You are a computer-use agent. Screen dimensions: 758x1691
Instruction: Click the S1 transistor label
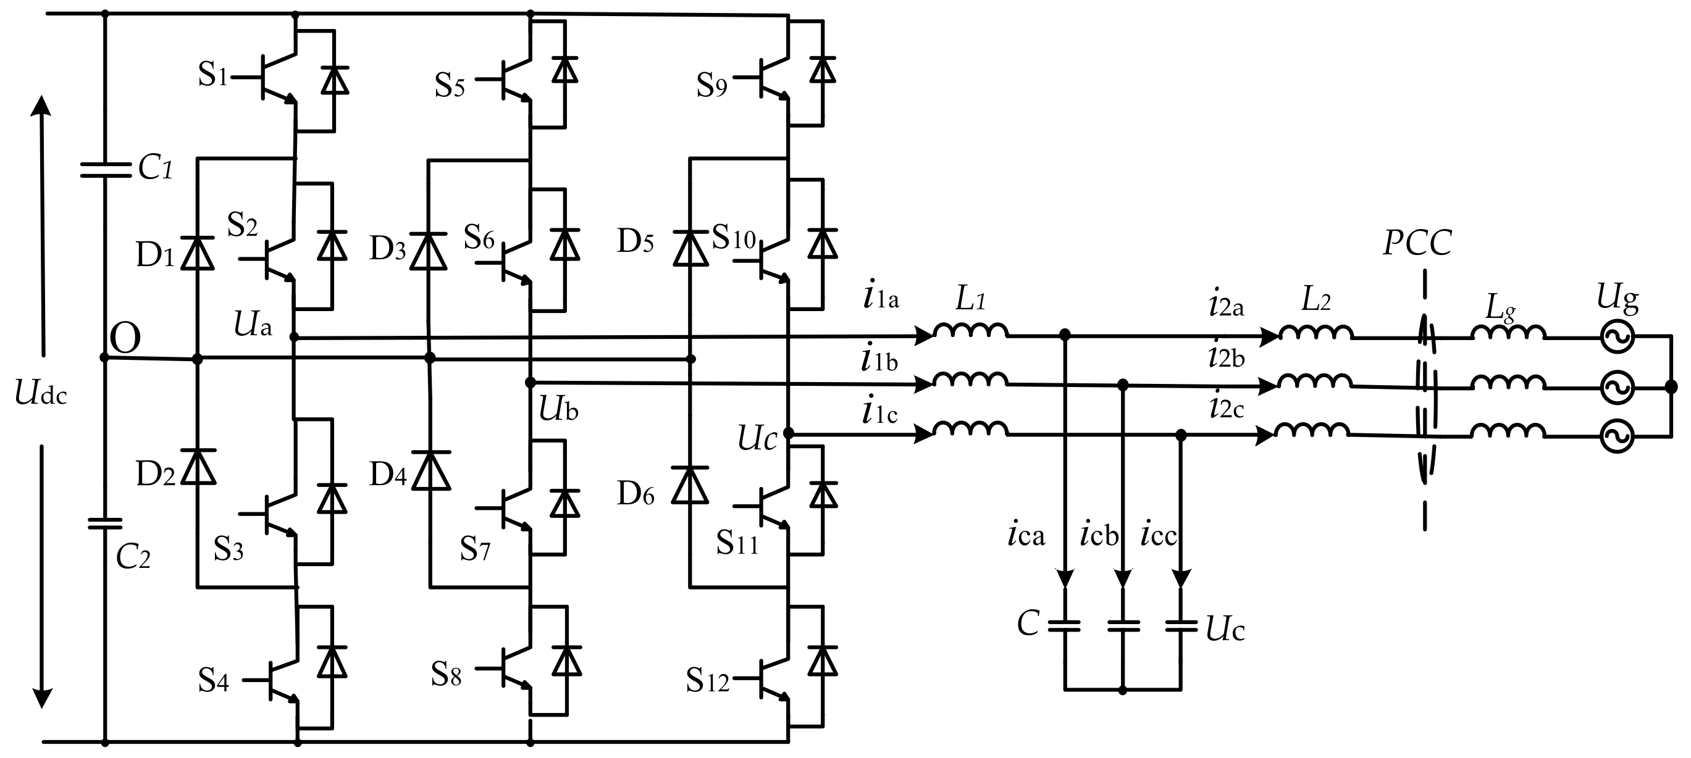[x=212, y=75]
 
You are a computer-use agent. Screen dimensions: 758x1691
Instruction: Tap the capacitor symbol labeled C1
[x=105, y=170]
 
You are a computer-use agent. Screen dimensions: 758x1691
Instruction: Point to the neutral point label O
[x=125, y=339]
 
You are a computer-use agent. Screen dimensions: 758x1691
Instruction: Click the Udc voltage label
[x=41, y=394]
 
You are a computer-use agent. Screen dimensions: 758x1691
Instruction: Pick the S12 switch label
[x=707, y=681]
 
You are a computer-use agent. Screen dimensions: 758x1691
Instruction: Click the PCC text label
[x=1417, y=243]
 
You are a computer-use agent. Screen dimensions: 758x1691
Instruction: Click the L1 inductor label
[x=970, y=299]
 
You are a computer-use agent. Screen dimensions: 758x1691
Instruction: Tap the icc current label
[x=1158, y=535]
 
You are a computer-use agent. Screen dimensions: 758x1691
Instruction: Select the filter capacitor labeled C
[x=1064, y=626]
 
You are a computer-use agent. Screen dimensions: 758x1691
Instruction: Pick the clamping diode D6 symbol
[x=690, y=486]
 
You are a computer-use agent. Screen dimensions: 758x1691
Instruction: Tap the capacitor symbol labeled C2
[x=105, y=523]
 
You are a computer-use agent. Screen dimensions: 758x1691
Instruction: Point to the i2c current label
[x=1226, y=407]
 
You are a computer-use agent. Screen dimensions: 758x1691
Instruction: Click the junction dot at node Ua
[x=294, y=337]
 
